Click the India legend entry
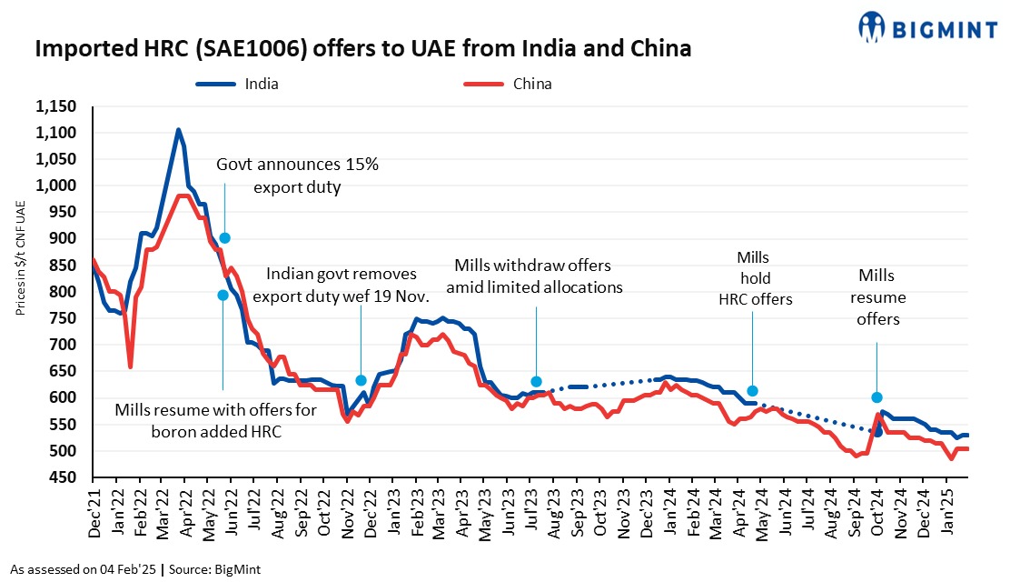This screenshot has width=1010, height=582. pyautogui.click(x=261, y=85)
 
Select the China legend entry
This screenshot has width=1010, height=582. pyautogui.click(x=531, y=85)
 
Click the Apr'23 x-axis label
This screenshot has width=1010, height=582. pyautogui.click(x=464, y=515)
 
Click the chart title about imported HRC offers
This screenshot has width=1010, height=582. pyautogui.click(x=362, y=49)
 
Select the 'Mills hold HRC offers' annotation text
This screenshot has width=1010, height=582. pyautogui.click(x=753, y=278)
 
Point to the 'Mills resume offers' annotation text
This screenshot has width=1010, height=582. pyautogui.click(x=876, y=297)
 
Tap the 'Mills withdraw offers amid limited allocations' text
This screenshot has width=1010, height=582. pyautogui.click(x=533, y=276)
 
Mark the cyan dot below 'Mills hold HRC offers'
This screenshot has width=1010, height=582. pyautogui.click(x=752, y=391)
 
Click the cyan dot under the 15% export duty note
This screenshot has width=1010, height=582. pyautogui.click(x=224, y=238)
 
